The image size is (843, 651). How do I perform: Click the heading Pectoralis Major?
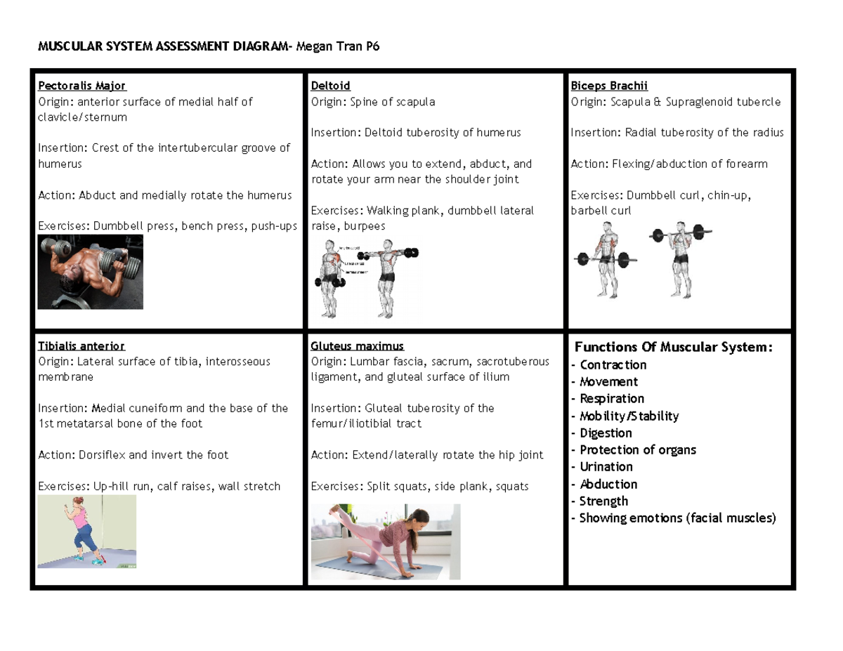tap(81, 86)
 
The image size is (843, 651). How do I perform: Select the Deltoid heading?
tap(330, 86)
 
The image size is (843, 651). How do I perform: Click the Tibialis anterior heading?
tap(81, 346)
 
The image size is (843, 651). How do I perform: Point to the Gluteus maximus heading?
tap(357, 346)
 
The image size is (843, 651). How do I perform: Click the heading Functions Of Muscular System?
tap(673, 347)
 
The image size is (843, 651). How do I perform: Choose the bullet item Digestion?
tap(606, 433)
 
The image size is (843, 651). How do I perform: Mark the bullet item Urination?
tap(606, 467)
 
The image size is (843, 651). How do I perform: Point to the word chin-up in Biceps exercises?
tap(730, 195)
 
